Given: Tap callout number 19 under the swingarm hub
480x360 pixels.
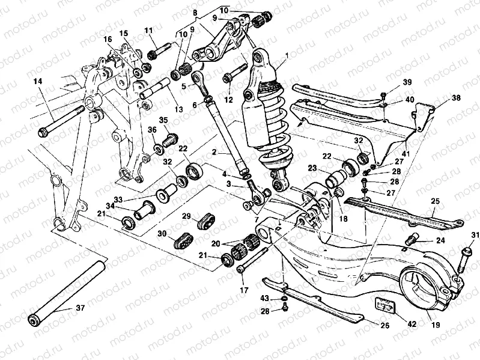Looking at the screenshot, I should point(436,324).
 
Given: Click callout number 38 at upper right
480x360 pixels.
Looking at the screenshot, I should point(456,97).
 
